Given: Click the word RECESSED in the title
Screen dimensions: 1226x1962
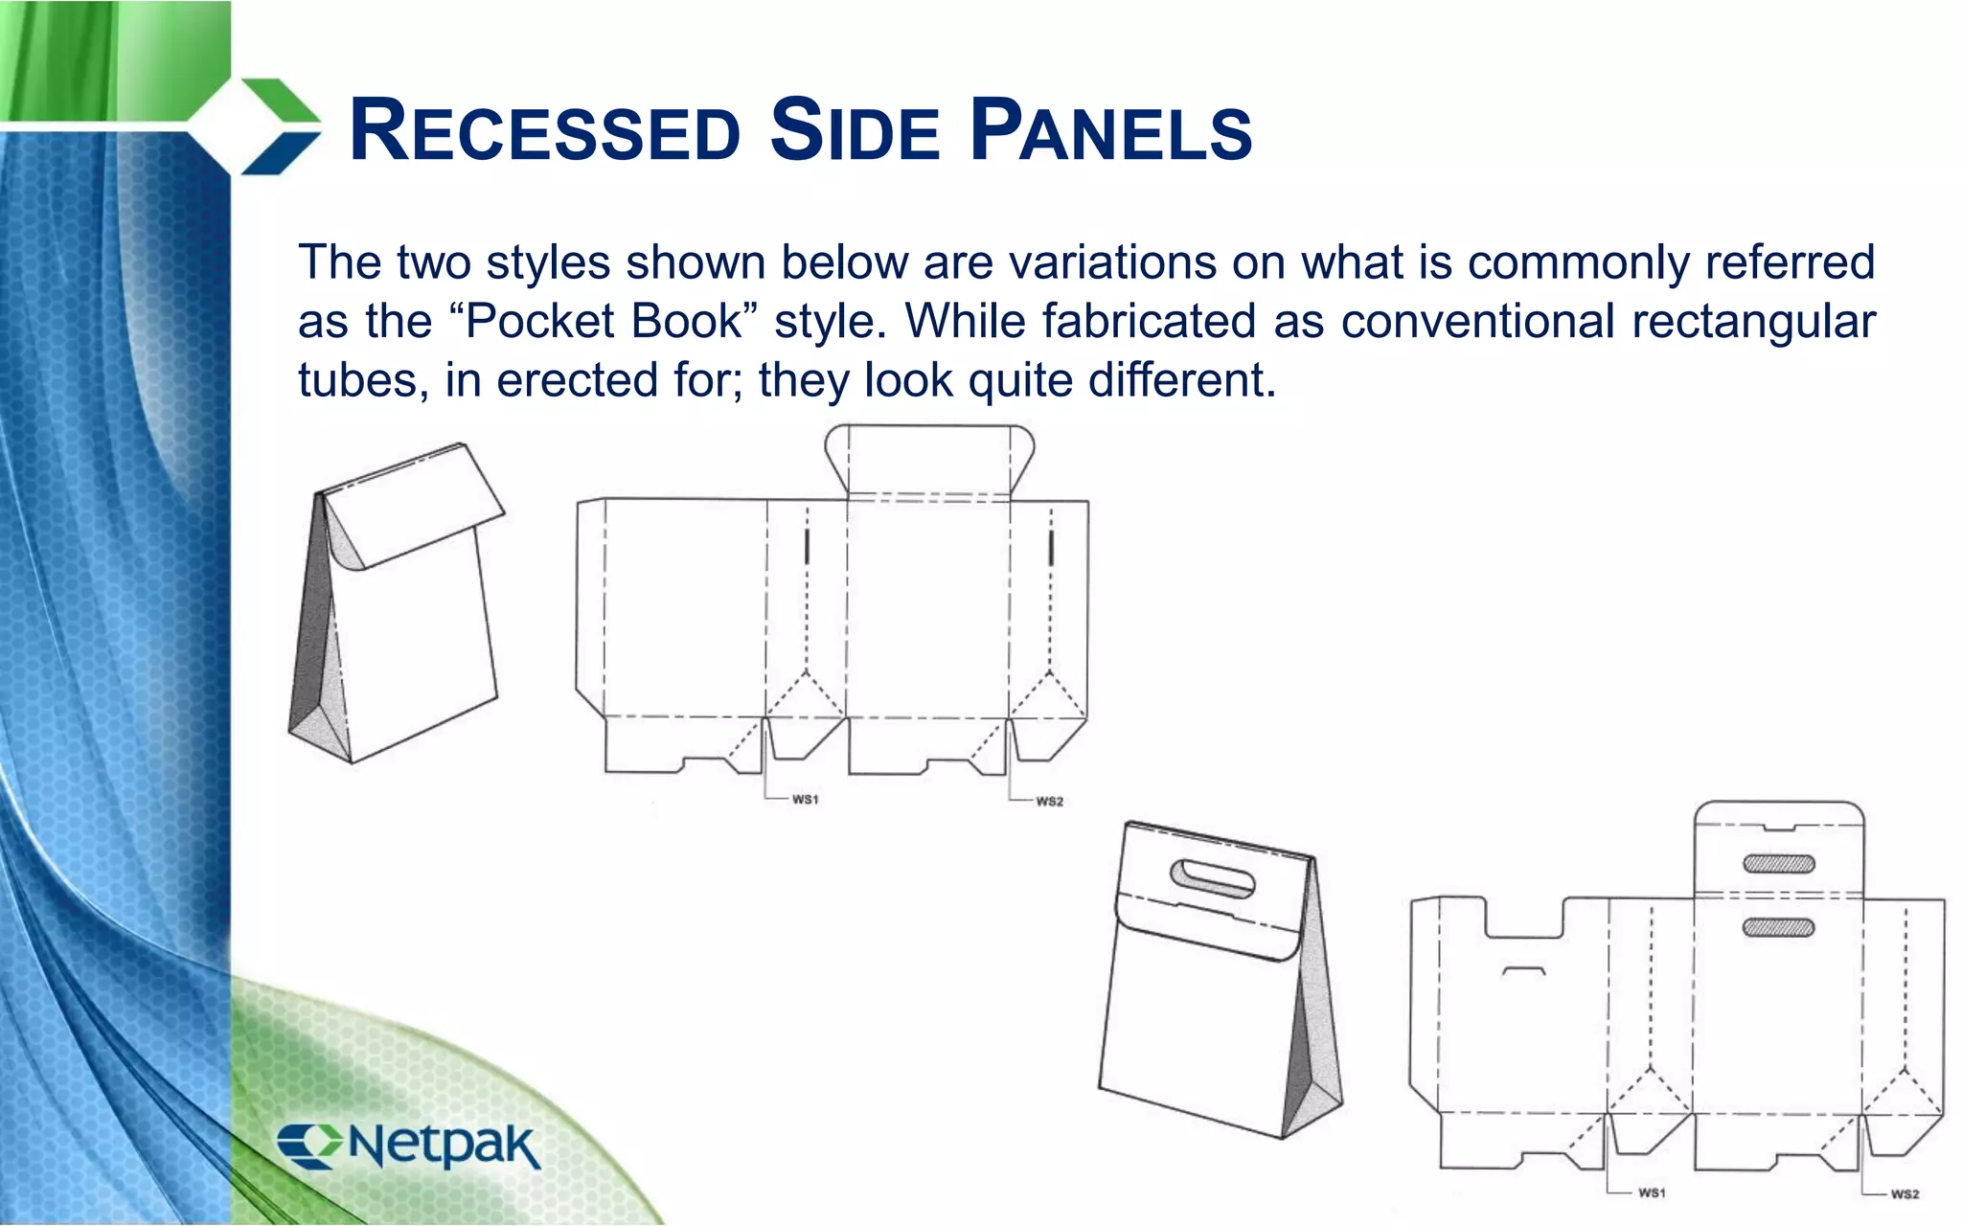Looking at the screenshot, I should coord(545,131).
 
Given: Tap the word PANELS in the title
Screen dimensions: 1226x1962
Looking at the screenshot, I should coord(1110,131).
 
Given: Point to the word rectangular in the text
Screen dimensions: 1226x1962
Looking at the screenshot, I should coord(1753,321).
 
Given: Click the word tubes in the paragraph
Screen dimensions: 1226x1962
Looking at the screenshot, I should coord(357,380).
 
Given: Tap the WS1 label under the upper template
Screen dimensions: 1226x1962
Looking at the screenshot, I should coord(806,799).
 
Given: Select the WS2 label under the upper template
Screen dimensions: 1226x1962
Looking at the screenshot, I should coord(1049,801).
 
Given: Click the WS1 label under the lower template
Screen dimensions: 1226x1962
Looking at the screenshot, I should coord(1652,1192).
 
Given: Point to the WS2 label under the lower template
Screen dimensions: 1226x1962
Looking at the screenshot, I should coord(1905,1194).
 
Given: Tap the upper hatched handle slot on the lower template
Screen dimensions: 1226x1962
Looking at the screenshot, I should coord(1779,863).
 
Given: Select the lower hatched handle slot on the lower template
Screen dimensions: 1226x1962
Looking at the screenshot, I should coord(1779,927).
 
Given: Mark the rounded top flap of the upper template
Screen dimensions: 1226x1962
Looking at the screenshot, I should coord(928,458).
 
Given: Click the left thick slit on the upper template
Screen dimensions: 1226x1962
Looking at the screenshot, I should coord(807,547).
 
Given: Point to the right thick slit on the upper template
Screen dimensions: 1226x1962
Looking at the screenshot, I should coord(1051,547).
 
